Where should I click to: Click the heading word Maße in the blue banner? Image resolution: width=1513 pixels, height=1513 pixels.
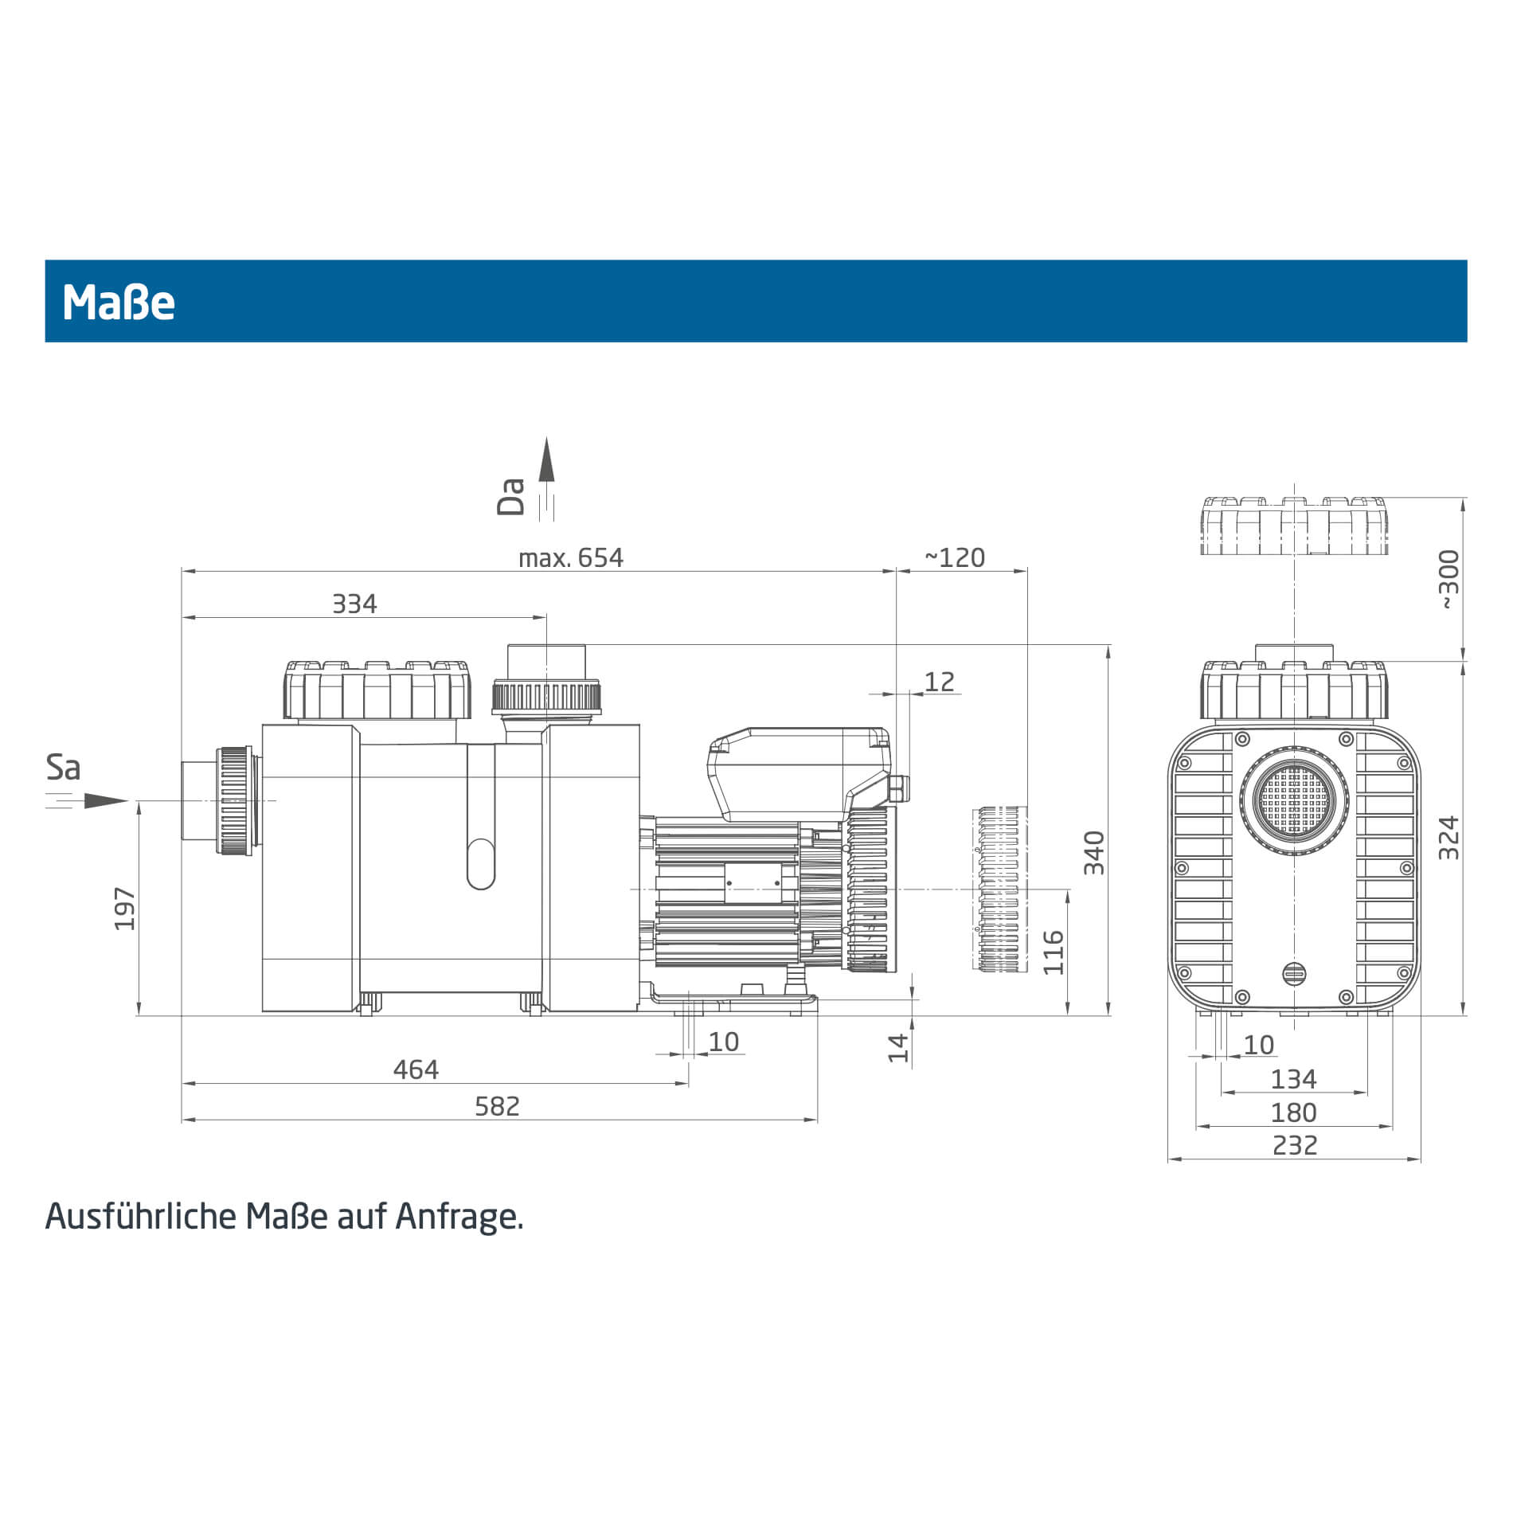tap(119, 303)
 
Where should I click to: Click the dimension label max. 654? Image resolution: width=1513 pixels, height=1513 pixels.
tap(571, 557)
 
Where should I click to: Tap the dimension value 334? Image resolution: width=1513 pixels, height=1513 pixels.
tap(354, 604)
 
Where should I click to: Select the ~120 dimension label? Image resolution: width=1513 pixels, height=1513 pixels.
tap(955, 557)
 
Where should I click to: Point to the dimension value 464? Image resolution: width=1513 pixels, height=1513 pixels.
tap(416, 1069)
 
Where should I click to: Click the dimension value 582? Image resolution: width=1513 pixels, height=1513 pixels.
tap(497, 1106)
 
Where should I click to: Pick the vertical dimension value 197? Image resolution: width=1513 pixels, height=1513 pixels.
tap(125, 909)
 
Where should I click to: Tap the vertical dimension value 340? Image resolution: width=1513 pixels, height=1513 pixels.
tap(1094, 853)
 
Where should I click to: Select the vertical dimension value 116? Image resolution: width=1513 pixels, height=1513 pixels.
tap(1054, 952)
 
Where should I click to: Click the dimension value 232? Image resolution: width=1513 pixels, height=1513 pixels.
tap(1295, 1145)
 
